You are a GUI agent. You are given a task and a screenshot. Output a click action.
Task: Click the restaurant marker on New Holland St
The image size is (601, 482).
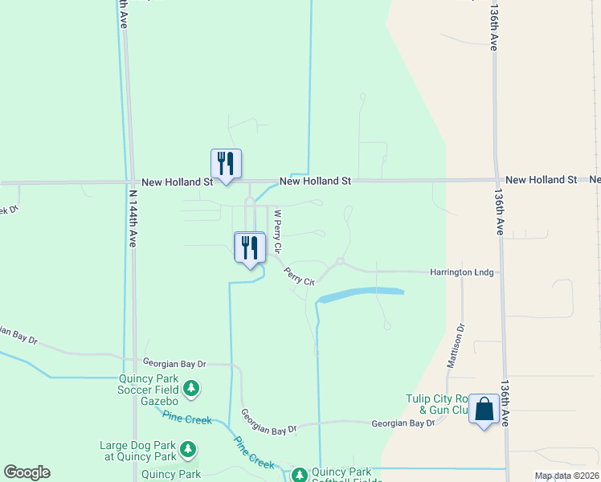pyautogui.click(x=226, y=164)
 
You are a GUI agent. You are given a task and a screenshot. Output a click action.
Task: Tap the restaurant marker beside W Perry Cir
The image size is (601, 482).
pyautogui.click(x=249, y=247)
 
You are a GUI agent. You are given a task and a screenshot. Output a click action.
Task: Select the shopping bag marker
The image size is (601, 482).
pyautogui.click(x=484, y=409)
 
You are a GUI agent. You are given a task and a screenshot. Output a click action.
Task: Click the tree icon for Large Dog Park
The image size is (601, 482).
pyautogui.click(x=187, y=448)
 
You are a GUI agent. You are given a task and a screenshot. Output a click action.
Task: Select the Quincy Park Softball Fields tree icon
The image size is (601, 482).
pyautogui.click(x=298, y=476)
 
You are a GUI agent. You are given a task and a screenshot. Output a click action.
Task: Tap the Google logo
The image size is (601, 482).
pyautogui.click(x=27, y=472)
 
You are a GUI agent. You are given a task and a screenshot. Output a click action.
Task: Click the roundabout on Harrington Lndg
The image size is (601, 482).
pyautogui.click(x=341, y=262)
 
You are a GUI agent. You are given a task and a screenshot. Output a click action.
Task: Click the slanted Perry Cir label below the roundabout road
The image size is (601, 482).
pyautogui.click(x=297, y=275)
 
